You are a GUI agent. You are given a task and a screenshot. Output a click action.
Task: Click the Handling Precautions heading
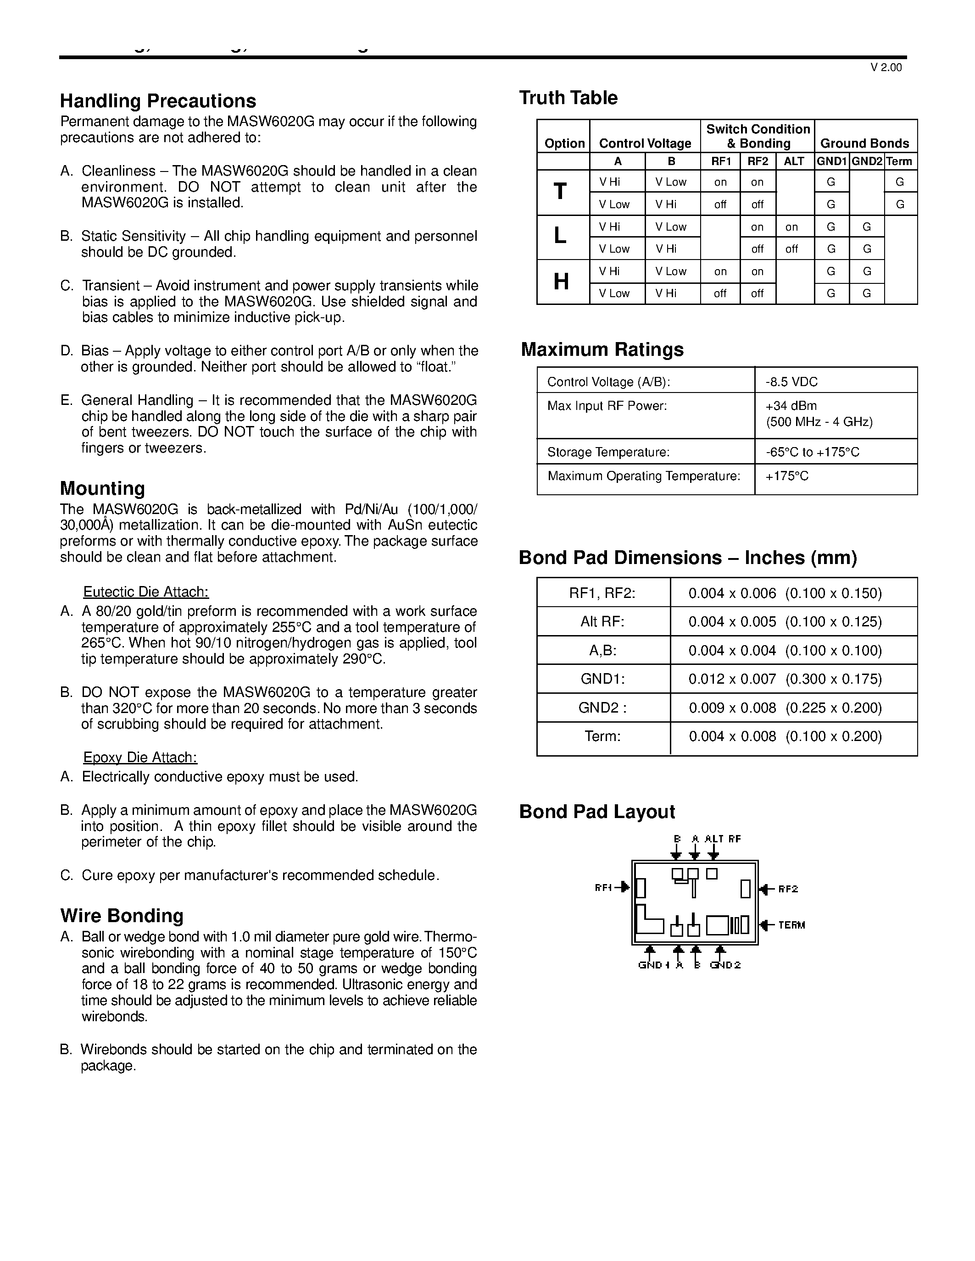(158, 101)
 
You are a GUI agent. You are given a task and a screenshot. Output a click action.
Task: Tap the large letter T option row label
(560, 192)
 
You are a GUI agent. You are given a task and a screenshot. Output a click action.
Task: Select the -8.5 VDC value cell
(791, 382)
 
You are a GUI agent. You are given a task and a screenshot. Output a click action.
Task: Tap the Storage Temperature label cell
(608, 452)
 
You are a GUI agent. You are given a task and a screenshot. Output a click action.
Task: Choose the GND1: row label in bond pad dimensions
(602, 679)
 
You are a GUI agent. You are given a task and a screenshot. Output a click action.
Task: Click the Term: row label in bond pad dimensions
(602, 736)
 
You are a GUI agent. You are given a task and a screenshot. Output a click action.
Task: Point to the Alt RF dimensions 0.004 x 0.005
(732, 622)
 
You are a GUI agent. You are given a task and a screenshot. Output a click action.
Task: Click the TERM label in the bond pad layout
(791, 925)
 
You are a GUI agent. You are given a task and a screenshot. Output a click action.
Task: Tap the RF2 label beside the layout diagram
(788, 889)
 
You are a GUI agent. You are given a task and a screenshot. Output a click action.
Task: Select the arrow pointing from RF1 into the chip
(623, 887)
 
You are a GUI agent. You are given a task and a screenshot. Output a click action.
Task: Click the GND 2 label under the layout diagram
(725, 965)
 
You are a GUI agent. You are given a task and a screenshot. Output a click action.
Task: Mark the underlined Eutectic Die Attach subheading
(145, 592)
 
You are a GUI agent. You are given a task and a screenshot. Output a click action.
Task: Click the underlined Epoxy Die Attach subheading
(140, 758)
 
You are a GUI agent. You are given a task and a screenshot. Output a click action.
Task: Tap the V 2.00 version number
(886, 67)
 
